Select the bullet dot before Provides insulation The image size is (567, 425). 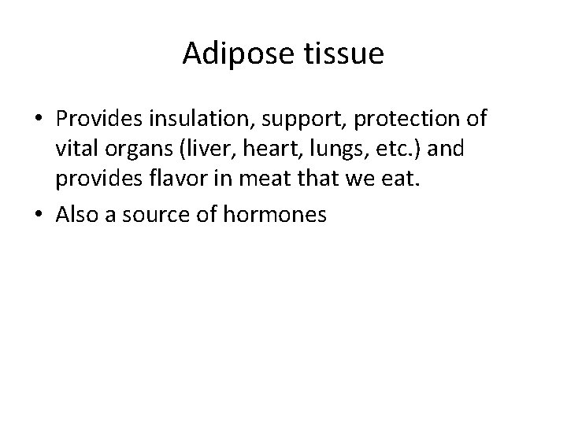click(x=39, y=120)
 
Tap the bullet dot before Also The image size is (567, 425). click(x=39, y=215)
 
